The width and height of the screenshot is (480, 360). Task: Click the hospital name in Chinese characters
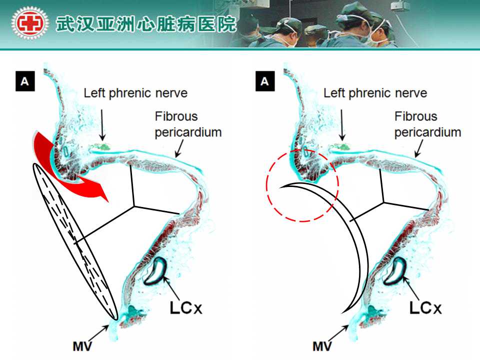click(x=145, y=23)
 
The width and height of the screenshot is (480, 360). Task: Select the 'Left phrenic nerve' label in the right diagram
click(x=375, y=93)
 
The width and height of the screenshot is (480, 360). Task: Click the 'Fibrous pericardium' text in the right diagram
click(x=427, y=124)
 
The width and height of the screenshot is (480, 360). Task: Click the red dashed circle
click(x=302, y=185)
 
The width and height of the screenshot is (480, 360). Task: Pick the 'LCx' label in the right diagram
click(x=425, y=306)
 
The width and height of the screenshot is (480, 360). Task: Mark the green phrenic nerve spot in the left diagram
click(x=102, y=147)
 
